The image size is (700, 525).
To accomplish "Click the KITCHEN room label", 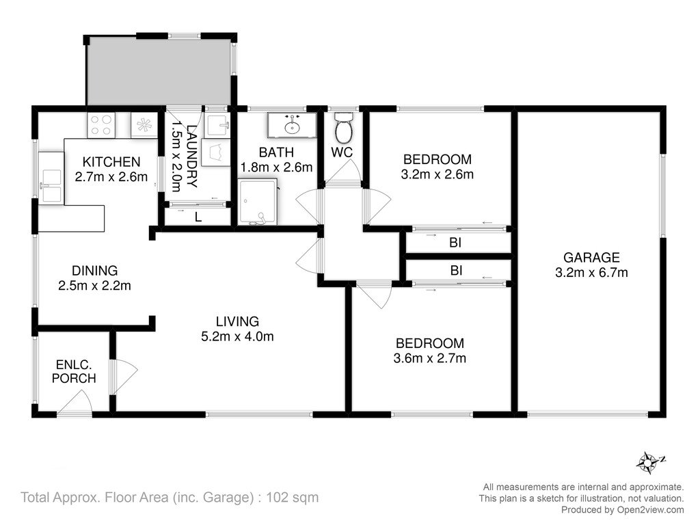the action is pos(111,161).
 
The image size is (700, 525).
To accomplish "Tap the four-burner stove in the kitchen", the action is pos(101,125).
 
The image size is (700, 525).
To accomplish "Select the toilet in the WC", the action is pos(344,126).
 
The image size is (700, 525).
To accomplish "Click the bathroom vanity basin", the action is pos(292,124).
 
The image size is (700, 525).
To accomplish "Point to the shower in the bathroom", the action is pos(258,202).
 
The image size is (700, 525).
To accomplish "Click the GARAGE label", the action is pos(591,258).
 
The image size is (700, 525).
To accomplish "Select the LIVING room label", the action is pos(237,321).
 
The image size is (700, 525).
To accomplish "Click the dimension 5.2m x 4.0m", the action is pos(237,336).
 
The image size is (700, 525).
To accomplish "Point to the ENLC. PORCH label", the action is pos(74,371).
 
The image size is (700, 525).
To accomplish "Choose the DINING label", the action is pos(94,271).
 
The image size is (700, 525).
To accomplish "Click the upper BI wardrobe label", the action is pos(455,243).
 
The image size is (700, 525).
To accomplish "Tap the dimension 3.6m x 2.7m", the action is pos(430,358).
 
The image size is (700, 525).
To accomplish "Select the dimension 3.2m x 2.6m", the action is pos(437,174).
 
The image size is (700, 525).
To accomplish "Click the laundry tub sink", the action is pos(217,126).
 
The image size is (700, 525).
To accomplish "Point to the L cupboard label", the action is pos(198,217).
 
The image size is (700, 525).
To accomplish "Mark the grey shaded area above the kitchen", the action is pos(159,72).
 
